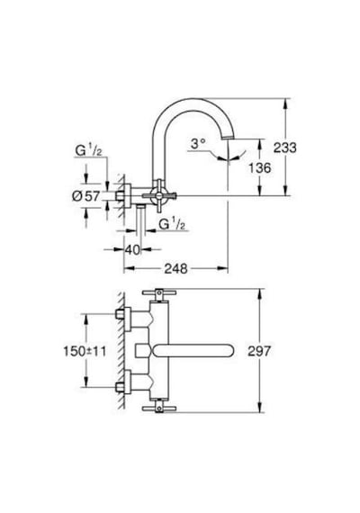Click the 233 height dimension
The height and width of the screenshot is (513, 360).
pyautogui.click(x=285, y=148)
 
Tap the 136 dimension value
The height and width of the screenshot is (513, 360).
pyautogui.click(x=259, y=168)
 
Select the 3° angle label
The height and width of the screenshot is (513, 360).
pyautogui.click(x=198, y=143)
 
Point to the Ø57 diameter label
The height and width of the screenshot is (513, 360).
pyautogui.click(x=85, y=196)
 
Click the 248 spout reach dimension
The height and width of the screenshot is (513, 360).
pyautogui.click(x=175, y=268)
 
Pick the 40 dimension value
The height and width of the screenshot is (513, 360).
pyautogui.click(x=132, y=250)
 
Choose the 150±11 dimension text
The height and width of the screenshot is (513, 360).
pyautogui.click(x=85, y=351)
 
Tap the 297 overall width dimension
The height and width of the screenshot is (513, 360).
pyautogui.click(x=259, y=351)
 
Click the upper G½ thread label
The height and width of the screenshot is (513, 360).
pyautogui.click(x=88, y=150)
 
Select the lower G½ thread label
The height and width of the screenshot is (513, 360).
pyautogui.click(x=172, y=224)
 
